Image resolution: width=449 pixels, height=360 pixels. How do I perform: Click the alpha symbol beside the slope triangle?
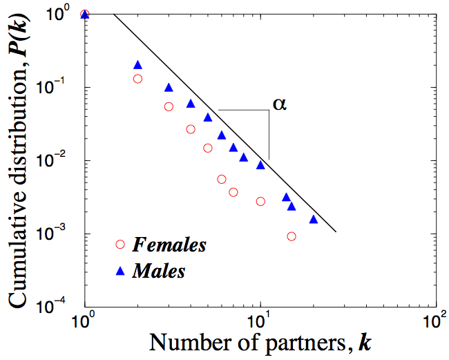[279, 105]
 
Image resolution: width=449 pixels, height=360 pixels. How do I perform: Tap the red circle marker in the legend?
[120, 244]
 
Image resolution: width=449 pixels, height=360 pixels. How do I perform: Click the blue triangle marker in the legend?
[120, 271]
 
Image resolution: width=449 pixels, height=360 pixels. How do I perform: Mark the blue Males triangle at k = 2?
[137, 65]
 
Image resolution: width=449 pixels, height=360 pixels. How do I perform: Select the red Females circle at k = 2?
[137, 79]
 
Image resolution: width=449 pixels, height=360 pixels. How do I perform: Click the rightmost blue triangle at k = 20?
[313, 219]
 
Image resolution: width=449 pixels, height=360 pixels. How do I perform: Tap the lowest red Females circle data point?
[291, 236]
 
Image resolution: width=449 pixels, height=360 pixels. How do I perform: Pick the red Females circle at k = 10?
[260, 201]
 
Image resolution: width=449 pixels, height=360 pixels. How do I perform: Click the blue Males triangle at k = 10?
[260, 165]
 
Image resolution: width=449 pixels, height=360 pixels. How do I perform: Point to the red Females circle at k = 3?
[169, 106]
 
